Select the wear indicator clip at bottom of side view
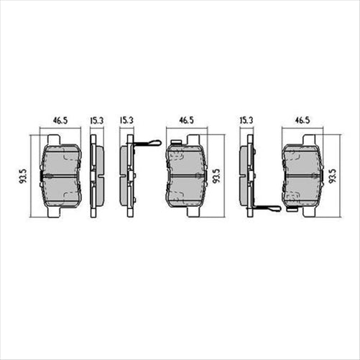coord(267,208)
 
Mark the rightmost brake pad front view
coord(303,176)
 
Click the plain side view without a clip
coord(96,176)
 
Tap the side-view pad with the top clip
coord(127,176)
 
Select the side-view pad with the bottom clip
coord(245,176)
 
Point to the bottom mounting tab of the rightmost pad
coord(303,213)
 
